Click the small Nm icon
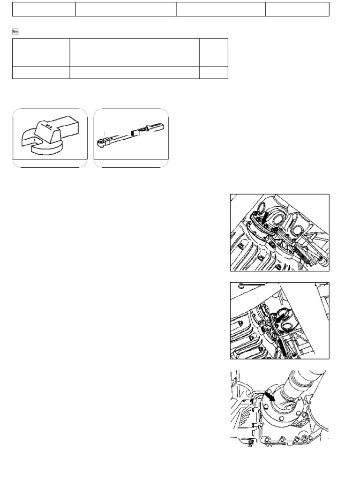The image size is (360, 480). point(15,31)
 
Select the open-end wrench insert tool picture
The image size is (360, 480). point(50,138)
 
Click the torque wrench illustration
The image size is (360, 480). point(131,138)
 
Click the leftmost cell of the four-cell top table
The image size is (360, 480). point(44,9)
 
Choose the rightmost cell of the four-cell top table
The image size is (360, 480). point(297,9)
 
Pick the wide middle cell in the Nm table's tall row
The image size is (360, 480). point(135,52)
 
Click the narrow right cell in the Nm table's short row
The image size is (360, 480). point(214,73)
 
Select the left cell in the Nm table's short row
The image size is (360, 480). point(41,73)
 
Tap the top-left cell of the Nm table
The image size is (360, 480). point(41,52)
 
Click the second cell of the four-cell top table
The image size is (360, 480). point(126,9)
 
